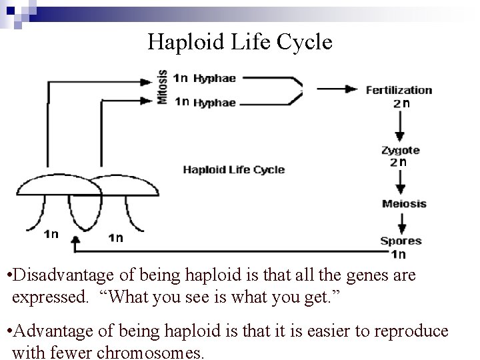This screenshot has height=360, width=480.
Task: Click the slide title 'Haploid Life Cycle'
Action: pyautogui.click(x=239, y=42)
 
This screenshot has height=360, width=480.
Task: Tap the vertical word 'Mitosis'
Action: pyautogui.click(x=162, y=87)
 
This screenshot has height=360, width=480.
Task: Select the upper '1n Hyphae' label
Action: pyautogui.click(x=204, y=78)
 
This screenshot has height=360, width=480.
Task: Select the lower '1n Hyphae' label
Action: pyautogui.click(x=204, y=102)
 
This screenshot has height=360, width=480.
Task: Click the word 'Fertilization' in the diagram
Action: pyautogui.click(x=399, y=90)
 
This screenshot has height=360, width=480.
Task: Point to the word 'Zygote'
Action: pyautogui.click(x=400, y=151)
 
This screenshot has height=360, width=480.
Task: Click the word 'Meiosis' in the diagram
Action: pyautogui.click(x=404, y=203)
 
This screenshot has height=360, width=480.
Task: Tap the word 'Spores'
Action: pyautogui.click(x=401, y=241)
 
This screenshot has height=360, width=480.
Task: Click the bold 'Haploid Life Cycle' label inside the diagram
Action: pyautogui.click(x=233, y=169)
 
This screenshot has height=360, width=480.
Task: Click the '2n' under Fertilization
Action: pyautogui.click(x=401, y=103)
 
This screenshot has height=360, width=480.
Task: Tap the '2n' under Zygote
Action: pyautogui.click(x=399, y=162)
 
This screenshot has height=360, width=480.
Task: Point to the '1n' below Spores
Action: pyautogui.click(x=398, y=254)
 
